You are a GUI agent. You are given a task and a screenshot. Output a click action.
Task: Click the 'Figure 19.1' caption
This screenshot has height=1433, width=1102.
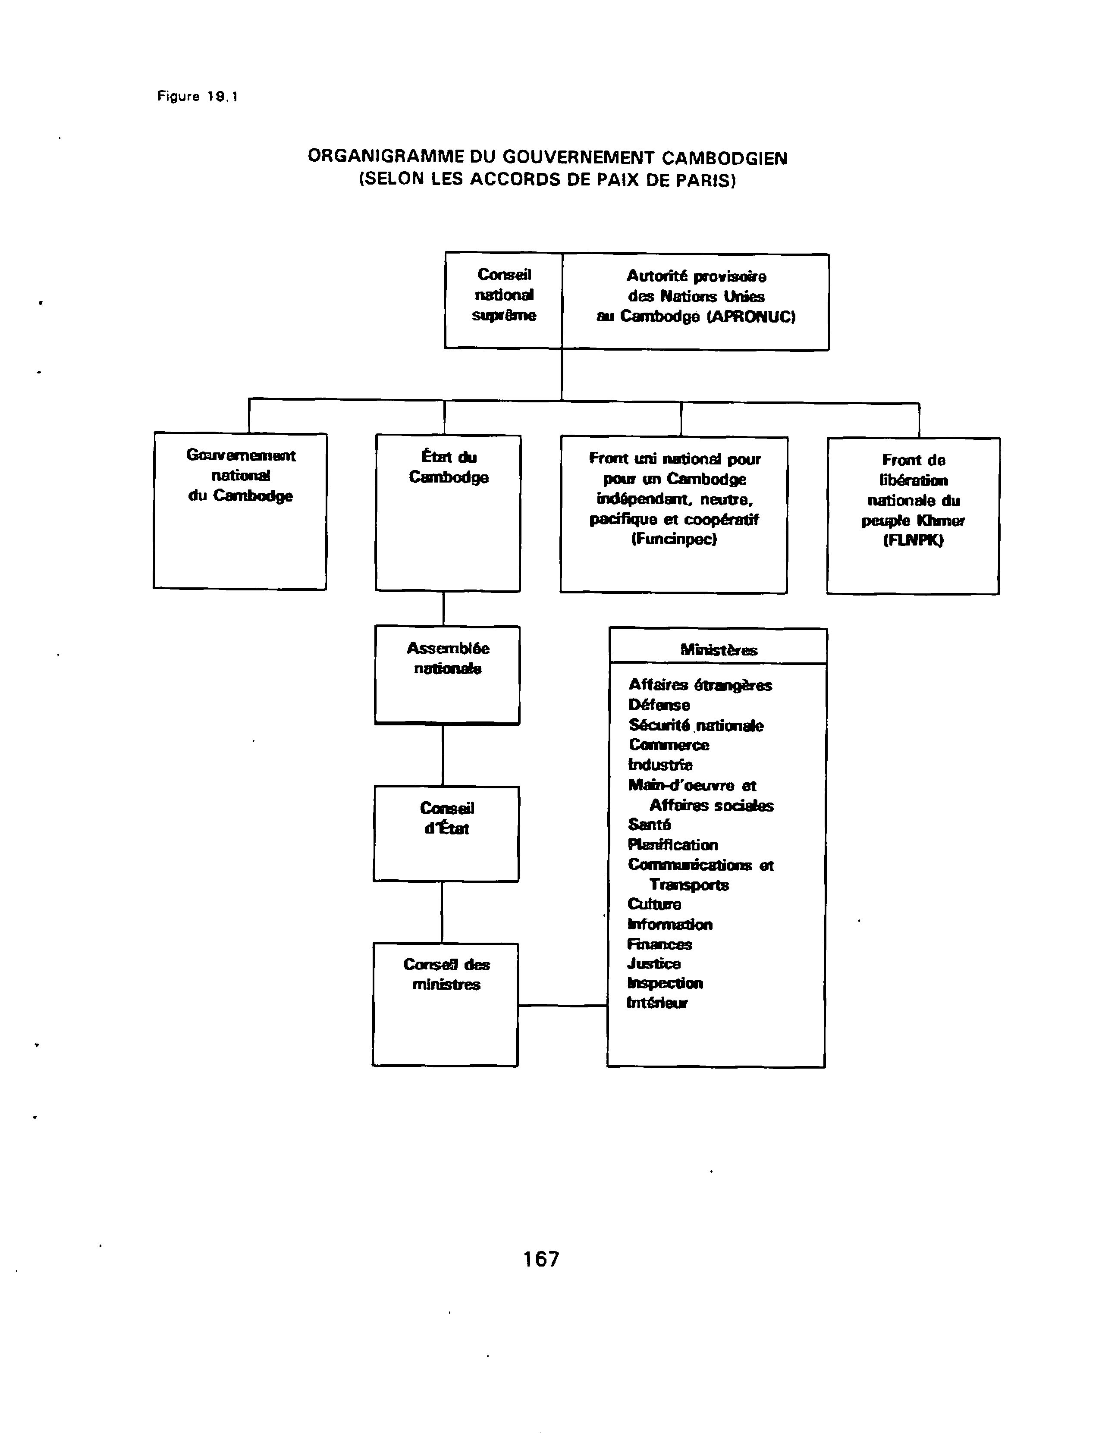coord(198,97)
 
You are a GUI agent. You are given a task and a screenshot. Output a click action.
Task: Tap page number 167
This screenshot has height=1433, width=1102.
coord(541,1258)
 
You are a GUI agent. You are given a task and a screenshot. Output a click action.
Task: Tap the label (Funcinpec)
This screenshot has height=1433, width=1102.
coord(674,539)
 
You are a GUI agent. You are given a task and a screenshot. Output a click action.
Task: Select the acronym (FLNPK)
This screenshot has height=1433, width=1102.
coord(913,540)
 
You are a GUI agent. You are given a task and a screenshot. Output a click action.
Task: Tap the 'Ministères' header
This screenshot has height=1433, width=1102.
coord(719,650)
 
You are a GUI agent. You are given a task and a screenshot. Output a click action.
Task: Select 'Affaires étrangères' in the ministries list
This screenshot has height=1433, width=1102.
coord(700,685)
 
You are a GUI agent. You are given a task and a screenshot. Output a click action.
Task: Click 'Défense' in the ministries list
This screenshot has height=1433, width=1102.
coord(659,705)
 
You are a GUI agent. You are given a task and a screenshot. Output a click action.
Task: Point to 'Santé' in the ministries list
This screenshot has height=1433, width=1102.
coord(650,825)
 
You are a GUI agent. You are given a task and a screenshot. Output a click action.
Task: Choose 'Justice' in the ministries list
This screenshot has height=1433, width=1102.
coord(654,963)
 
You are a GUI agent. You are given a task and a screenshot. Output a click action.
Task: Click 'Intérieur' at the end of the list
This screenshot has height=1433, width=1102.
coord(657,1003)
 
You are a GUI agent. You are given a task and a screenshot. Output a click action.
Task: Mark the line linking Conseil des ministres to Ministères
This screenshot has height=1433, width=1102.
coord(563,1005)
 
